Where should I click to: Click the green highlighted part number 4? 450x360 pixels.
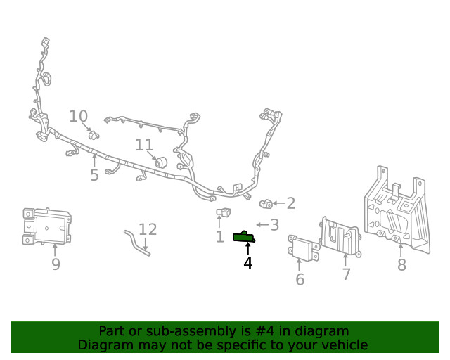click(x=244, y=237)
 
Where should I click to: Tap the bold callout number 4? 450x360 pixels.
click(x=248, y=263)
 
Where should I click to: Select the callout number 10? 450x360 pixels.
click(x=78, y=116)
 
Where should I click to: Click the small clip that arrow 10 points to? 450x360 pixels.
click(x=94, y=134)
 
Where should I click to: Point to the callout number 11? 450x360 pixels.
click(x=144, y=145)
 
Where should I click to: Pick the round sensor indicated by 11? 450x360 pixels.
click(x=161, y=162)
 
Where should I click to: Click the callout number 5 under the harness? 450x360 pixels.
click(x=94, y=175)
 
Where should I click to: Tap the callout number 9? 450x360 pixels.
click(x=56, y=264)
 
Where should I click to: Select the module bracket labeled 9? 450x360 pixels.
click(x=47, y=226)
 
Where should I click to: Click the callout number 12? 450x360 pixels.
click(x=148, y=229)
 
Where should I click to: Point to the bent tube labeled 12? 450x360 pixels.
click(x=136, y=243)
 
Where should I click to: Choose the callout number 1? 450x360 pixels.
click(x=220, y=237)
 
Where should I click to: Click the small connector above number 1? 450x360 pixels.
click(x=224, y=212)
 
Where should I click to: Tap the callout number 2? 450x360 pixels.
click(x=291, y=203)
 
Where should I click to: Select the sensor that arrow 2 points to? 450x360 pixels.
click(x=266, y=203)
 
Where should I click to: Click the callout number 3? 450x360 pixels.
click(x=275, y=225)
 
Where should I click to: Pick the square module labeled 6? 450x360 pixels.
click(x=303, y=248)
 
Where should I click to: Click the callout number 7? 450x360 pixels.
click(x=347, y=274)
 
